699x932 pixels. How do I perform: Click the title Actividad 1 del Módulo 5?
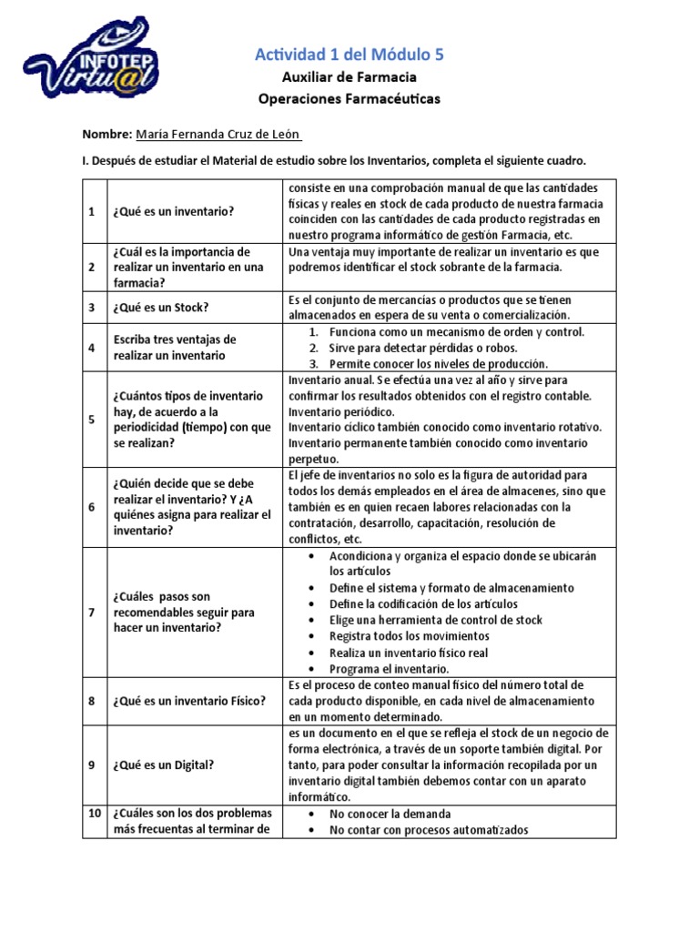pos(349,56)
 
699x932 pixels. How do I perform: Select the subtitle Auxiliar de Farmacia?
pos(349,77)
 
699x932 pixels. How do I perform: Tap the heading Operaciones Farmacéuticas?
pos(349,98)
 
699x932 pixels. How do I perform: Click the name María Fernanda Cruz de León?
pos(218,134)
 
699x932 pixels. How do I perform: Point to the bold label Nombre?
pos(107,134)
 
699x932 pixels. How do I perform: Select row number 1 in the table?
pos(92,211)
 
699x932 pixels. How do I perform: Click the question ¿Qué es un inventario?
pos(174,211)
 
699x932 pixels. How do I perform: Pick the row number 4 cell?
pos(92,348)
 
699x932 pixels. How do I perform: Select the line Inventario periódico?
pos(335,411)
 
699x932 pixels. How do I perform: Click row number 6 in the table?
pos(92,507)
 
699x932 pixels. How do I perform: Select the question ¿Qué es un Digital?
pos(164,765)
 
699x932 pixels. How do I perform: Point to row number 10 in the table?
pos(92,814)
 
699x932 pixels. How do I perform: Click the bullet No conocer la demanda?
pos(390,814)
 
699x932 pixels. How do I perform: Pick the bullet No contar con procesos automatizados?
pos(428,830)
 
